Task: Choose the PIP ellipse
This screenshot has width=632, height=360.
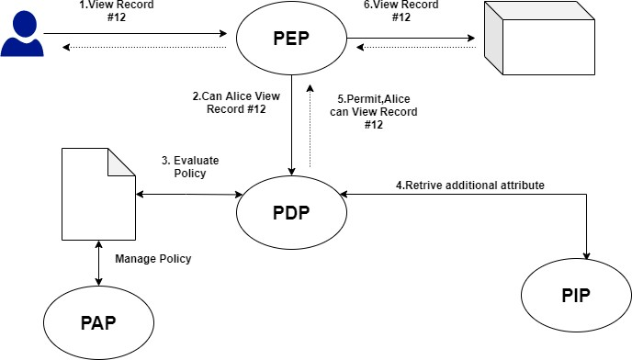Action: (577, 297)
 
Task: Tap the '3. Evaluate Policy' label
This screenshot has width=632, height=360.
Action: (189, 166)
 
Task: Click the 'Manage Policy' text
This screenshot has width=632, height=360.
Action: (153, 259)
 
